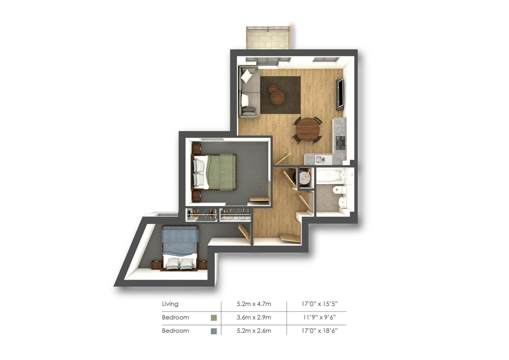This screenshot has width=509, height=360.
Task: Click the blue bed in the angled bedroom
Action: [x=180, y=248]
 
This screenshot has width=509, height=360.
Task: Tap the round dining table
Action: [x=307, y=129]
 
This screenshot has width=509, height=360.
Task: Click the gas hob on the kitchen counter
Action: [x=340, y=143]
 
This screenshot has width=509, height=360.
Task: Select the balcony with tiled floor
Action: [x=268, y=38]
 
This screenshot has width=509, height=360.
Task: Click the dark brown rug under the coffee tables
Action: [x=280, y=95]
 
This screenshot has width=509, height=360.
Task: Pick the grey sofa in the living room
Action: [x=249, y=92]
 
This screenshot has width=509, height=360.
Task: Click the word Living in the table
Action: [x=170, y=304]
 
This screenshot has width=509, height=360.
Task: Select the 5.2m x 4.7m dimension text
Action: [x=254, y=304]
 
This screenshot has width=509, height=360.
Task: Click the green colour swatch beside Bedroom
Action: [x=214, y=318]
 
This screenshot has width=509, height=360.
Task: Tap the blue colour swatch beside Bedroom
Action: [x=214, y=331]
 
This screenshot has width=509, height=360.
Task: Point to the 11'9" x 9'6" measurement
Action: [x=319, y=317]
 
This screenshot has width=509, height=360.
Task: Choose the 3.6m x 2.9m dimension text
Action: [x=254, y=317]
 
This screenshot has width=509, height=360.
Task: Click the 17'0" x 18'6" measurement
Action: [x=319, y=331]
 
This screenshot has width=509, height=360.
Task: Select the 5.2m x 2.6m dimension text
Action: [x=254, y=331]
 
